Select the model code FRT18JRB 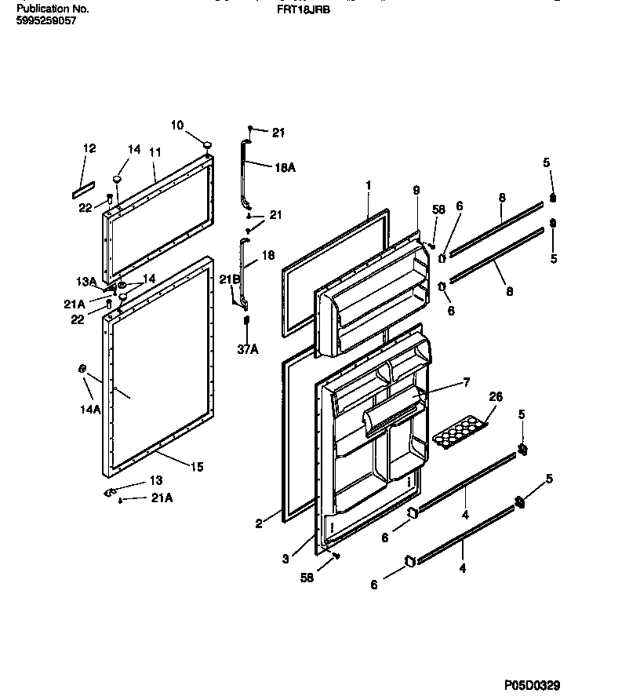click(300, 11)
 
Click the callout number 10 click(176, 126)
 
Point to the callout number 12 click(89, 148)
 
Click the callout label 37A click(248, 350)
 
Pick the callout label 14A click(90, 410)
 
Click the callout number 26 click(496, 397)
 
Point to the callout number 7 click(466, 382)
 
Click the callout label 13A click(86, 282)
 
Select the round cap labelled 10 click(207, 144)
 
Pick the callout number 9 click(416, 191)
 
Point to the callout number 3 click(286, 559)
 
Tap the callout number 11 click(155, 151)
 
